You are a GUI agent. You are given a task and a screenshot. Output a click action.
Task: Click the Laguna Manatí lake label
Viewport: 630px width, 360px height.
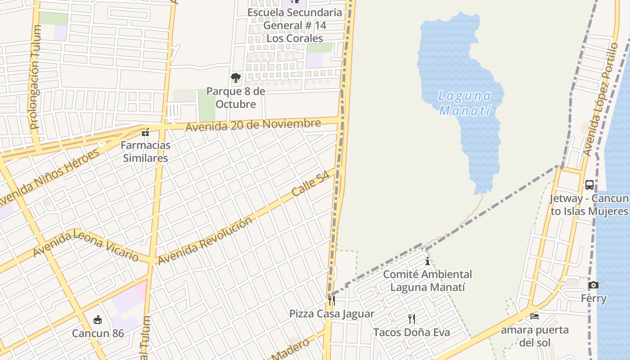click(x=464, y=103)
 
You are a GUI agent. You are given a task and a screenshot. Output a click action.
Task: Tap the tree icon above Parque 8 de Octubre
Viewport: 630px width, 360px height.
click(x=235, y=78)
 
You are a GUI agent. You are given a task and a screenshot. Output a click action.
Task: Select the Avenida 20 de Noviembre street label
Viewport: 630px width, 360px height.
click(x=253, y=125)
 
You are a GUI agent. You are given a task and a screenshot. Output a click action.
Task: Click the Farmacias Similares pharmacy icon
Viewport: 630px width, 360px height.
click(x=145, y=133)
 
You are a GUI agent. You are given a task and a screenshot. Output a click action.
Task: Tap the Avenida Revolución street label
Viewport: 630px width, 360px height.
click(x=205, y=241)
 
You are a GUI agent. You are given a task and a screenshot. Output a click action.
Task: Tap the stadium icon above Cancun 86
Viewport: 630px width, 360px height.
click(x=97, y=320)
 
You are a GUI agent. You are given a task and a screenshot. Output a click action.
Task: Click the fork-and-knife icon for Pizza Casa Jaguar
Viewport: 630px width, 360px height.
click(x=332, y=300)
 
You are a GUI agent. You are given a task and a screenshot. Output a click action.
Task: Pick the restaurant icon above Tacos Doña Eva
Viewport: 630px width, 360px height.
click(x=411, y=319)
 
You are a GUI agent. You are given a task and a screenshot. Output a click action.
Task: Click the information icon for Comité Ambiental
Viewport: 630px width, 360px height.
click(x=427, y=261)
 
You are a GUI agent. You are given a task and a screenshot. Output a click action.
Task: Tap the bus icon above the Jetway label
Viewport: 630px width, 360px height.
click(x=589, y=185)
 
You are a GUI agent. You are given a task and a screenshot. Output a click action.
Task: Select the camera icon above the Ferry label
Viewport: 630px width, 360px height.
click(x=594, y=285)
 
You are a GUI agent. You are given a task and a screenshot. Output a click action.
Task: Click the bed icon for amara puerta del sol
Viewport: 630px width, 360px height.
click(x=535, y=316)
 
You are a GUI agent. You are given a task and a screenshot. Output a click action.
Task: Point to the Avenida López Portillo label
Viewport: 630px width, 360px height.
click(x=601, y=99)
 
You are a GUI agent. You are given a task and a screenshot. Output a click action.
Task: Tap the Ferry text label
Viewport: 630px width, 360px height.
click(x=594, y=298)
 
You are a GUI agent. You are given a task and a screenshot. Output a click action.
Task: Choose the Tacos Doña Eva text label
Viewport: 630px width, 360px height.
click(x=411, y=333)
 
